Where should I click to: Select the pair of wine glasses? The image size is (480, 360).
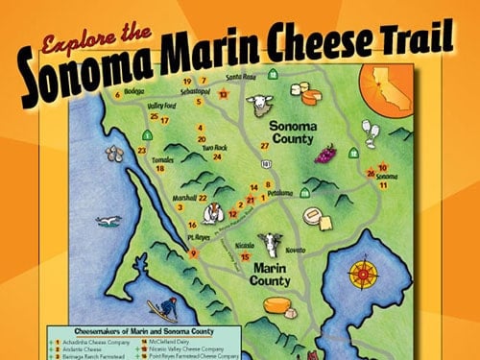[366, 132]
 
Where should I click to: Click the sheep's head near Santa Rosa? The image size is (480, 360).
[258, 105]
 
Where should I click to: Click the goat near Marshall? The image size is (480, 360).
[220, 212]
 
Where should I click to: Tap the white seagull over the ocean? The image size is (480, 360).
[111, 221]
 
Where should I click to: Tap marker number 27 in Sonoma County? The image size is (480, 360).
[264, 145]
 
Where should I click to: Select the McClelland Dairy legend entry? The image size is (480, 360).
[173, 340]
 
